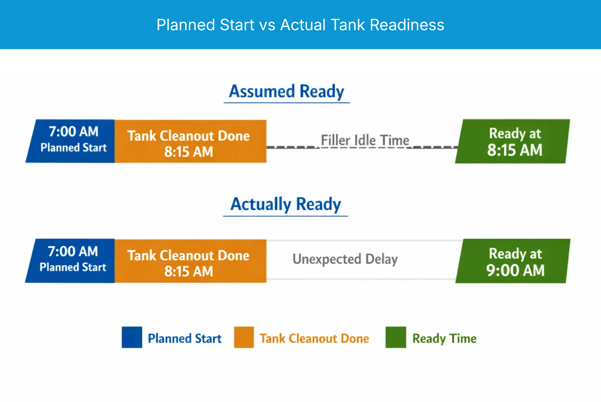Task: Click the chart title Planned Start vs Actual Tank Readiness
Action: click(300, 25)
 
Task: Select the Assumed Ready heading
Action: click(286, 91)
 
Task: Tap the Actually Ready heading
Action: click(286, 204)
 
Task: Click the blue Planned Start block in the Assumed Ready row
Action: click(71, 141)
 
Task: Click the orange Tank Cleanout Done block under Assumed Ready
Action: click(190, 141)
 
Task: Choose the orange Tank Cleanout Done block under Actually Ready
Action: click(190, 261)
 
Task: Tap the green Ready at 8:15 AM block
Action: click(513, 141)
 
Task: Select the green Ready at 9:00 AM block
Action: click(513, 261)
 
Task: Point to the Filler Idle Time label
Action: click(365, 140)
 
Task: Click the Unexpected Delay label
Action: click(345, 259)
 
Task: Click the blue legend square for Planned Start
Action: click(132, 337)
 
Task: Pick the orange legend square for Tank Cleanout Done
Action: click(244, 337)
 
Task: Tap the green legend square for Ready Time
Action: click(396, 337)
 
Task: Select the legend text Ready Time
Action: click(444, 338)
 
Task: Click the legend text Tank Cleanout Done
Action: click(314, 338)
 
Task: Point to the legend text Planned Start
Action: click(185, 338)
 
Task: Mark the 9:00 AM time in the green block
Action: click(515, 270)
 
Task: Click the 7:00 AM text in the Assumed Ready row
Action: click(73, 132)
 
